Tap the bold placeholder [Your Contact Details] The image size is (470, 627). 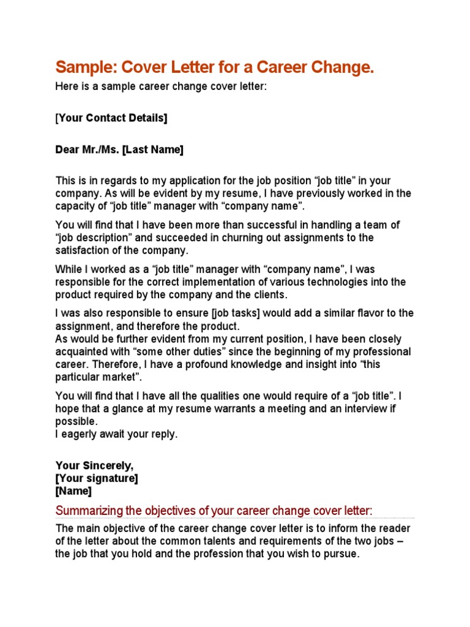pyautogui.click(x=111, y=118)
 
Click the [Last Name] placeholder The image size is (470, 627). pyautogui.click(x=152, y=149)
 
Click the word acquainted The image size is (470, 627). pyautogui.click(x=85, y=351)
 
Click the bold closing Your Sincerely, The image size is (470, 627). pyautogui.click(x=94, y=466)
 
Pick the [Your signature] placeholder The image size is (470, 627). pyautogui.click(x=97, y=478)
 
